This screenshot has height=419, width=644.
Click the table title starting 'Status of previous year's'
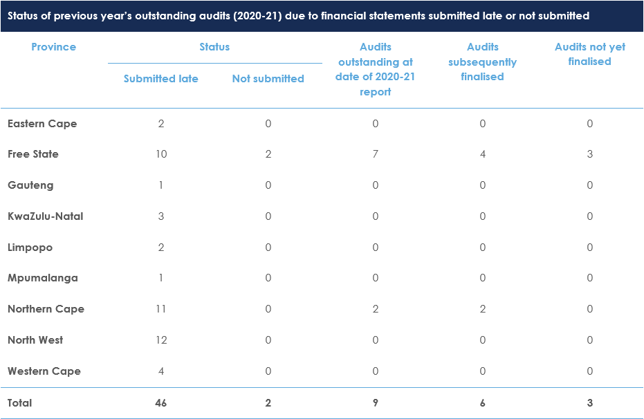(x=298, y=15)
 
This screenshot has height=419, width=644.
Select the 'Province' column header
(x=53, y=47)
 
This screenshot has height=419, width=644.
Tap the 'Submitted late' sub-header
(x=160, y=79)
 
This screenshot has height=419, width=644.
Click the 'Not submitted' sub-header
(x=268, y=79)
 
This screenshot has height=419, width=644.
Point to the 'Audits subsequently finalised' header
(x=482, y=62)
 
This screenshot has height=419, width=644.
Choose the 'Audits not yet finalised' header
(x=589, y=54)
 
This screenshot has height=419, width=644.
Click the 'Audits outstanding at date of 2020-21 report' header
(x=375, y=69)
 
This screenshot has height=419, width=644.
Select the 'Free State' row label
(x=33, y=154)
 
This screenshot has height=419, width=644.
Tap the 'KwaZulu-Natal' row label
(x=45, y=216)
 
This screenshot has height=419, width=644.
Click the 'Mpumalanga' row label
(x=42, y=278)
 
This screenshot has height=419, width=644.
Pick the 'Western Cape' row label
(x=44, y=371)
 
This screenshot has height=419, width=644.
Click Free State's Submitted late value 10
(x=160, y=154)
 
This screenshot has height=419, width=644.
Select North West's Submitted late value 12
(x=160, y=340)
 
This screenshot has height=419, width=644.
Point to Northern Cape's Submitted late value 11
(x=160, y=309)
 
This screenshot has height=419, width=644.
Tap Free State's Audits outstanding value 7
(x=375, y=154)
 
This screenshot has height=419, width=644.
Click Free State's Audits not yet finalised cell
(x=589, y=154)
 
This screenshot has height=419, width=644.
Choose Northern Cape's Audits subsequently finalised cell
(x=482, y=309)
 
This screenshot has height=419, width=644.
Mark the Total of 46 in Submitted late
(x=160, y=403)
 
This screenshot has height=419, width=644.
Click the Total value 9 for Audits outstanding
(x=375, y=403)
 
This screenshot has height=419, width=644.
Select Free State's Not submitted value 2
(x=268, y=154)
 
